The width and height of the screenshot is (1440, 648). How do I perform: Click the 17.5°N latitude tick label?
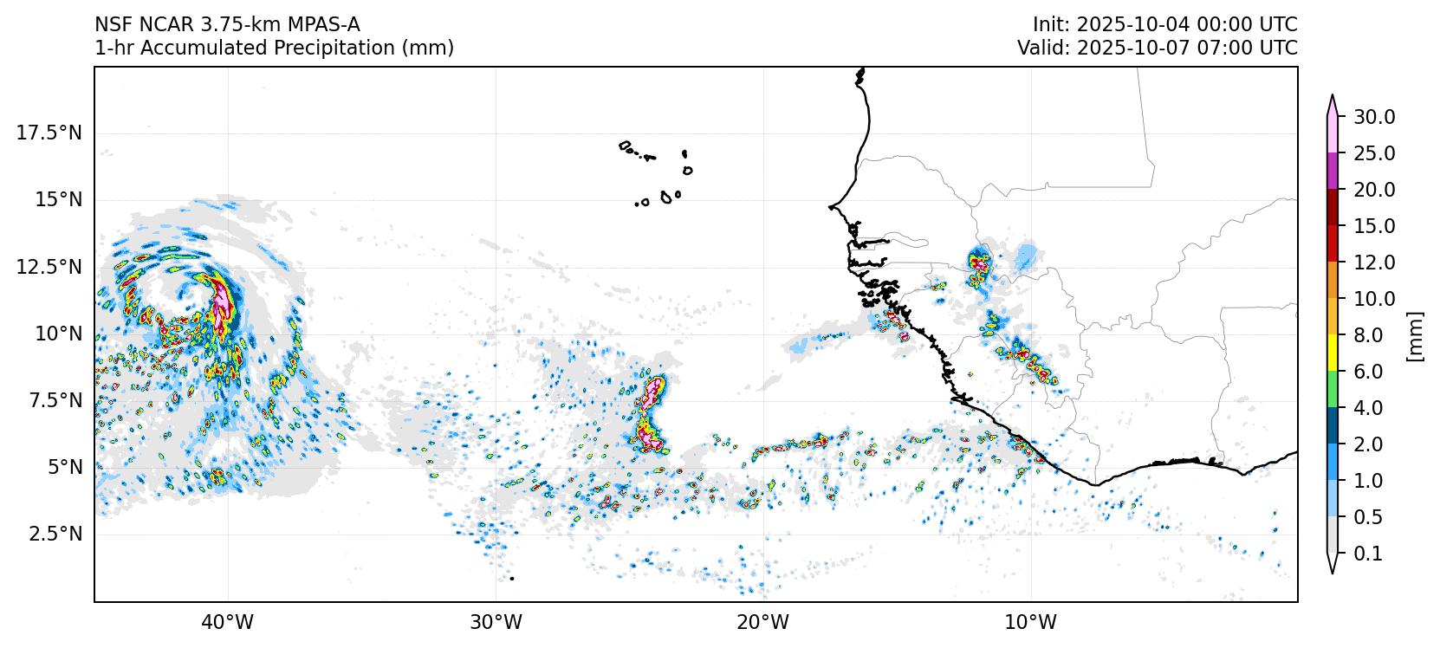click(x=49, y=133)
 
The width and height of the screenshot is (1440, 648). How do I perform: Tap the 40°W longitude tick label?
click(x=228, y=622)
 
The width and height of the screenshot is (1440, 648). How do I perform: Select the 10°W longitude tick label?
click(x=1031, y=622)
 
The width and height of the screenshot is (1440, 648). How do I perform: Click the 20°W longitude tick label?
click(x=763, y=622)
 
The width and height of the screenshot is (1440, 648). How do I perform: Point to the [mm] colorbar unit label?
click(x=1416, y=335)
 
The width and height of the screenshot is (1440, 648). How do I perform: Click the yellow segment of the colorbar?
click(x=1333, y=353)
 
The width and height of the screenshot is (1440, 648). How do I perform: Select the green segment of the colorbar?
click(x=1333, y=389)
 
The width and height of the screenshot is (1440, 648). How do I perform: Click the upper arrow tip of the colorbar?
click(x=1333, y=97)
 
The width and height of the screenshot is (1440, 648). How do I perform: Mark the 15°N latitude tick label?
click(x=55, y=199)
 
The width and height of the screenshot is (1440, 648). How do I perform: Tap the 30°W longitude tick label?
click(x=496, y=622)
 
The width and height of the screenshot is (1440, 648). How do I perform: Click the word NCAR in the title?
click(x=153, y=24)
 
